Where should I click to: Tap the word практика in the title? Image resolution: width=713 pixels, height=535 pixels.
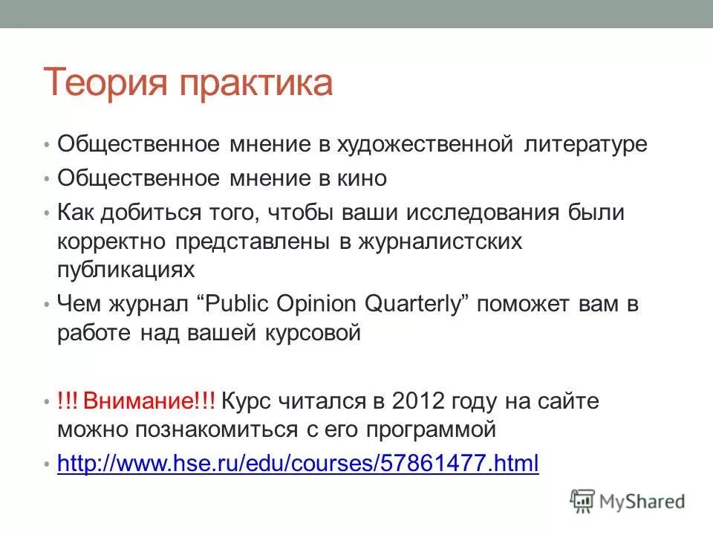[x=257, y=83]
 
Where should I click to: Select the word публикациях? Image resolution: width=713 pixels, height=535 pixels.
[x=126, y=269]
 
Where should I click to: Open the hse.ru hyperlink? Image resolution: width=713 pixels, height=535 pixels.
[x=298, y=464]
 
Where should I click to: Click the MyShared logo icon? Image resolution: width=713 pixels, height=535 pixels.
[x=583, y=502]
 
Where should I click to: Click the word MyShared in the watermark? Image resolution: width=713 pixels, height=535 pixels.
[x=642, y=502]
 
